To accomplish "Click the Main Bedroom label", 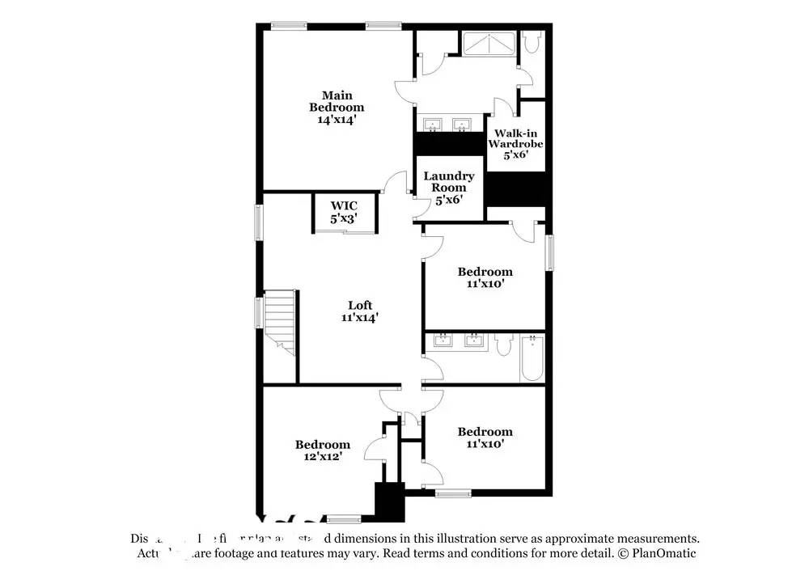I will point(337,100).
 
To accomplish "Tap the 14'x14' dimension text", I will point(337,119).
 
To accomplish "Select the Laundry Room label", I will point(448,181).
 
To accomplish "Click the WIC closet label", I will point(343,206).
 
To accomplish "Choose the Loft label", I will point(360,305).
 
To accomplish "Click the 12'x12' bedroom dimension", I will point(322,456).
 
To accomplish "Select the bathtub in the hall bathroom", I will point(532,357).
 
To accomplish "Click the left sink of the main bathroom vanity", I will point(434,125).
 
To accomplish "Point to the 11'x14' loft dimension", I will point(360,318).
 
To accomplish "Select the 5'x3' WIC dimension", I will point(343,218).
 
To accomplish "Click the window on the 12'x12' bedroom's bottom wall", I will point(344,518).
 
